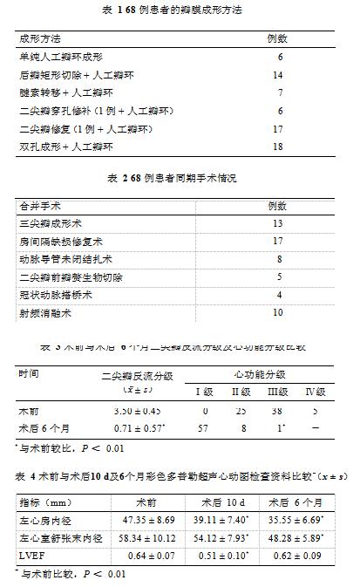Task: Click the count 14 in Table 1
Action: tap(278, 76)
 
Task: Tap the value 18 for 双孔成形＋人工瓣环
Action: tap(278, 147)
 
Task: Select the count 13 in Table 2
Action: tap(278, 223)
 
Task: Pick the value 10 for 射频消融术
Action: tap(278, 312)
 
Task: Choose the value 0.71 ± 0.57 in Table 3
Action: tap(135, 428)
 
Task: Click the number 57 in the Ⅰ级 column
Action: tap(203, 428)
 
